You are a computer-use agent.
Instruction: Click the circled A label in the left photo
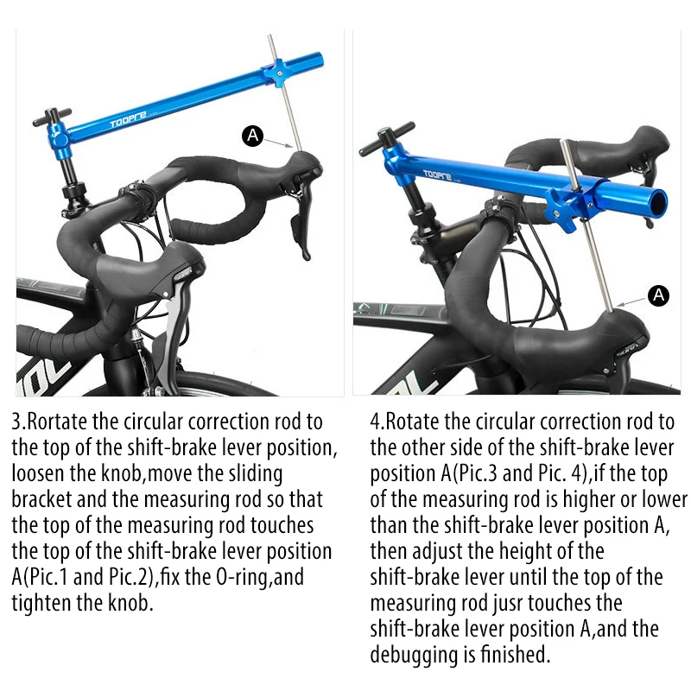pos(252,135)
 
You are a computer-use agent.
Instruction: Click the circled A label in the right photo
pos(659,295)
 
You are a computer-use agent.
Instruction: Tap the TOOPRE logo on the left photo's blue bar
pos(128,122)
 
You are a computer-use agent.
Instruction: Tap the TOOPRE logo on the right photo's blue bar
pos(441,172)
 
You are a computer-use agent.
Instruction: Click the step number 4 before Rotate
pos(376,422)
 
